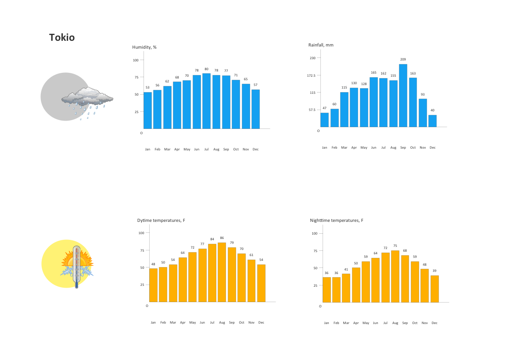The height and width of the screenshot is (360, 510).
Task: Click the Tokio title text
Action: click(x=62, y=38)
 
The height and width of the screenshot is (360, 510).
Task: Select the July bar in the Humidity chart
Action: click(x=206, y=101)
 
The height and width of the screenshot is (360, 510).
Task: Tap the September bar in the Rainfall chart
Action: click(x=403, y=96)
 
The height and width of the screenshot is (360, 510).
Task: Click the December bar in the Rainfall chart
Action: click(x=432, y=121)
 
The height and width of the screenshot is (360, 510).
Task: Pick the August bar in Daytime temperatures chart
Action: click(x=222, y=272)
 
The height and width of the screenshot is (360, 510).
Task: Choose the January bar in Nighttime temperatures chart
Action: click(x=327, y=289)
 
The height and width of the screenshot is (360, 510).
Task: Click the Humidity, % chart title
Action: click(x=144, y=47)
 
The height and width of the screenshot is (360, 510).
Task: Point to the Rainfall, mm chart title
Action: click(x=321, y=45)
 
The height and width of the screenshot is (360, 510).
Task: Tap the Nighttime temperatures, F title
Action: click(x=336, y=221)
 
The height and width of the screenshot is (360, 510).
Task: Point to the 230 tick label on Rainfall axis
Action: click(x=312, y=58)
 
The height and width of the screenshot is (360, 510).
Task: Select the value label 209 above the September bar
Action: click(x=403, y=60)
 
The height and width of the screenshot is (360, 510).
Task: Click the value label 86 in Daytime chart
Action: click(x=222, y=238)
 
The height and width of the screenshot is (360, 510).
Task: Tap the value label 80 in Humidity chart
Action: click(x=206, y=69)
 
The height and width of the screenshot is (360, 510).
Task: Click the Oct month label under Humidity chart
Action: click(x=236, y=150)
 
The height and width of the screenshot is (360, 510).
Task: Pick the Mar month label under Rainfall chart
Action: click(x=344, y=148)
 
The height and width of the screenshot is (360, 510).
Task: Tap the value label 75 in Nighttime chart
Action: click(x=395, y=246)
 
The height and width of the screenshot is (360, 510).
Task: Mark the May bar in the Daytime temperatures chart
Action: click(x=192, y=277)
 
